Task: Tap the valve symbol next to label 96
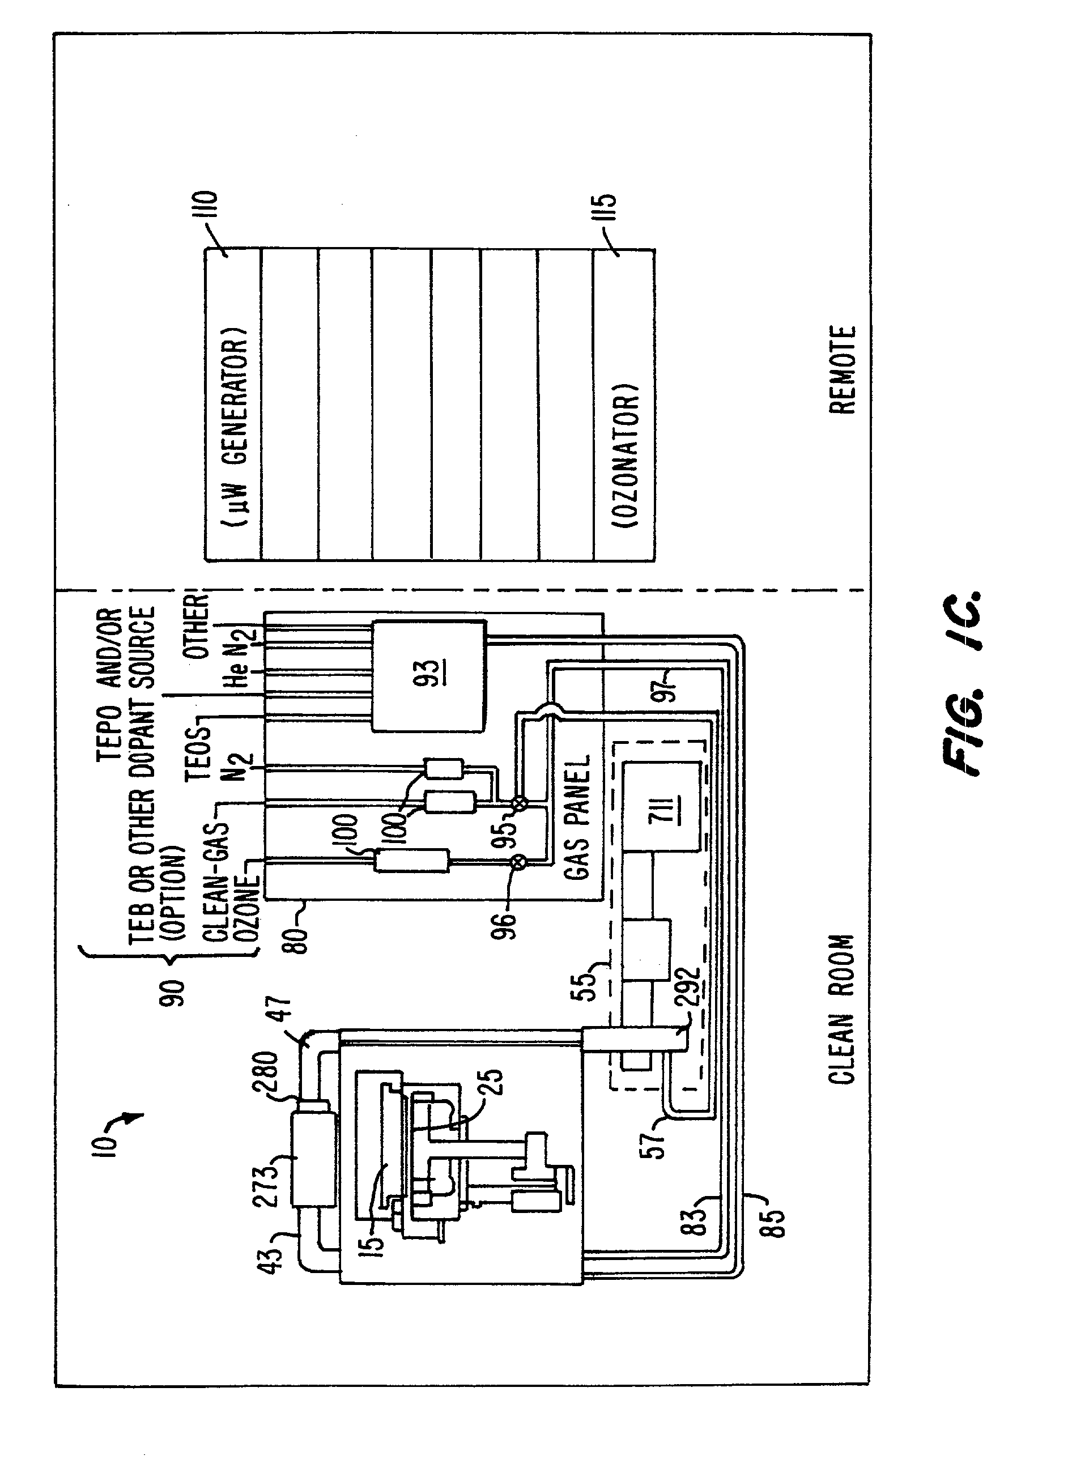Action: [518, 862]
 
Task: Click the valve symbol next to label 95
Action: [518, 803]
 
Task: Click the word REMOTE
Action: [843, 370]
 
